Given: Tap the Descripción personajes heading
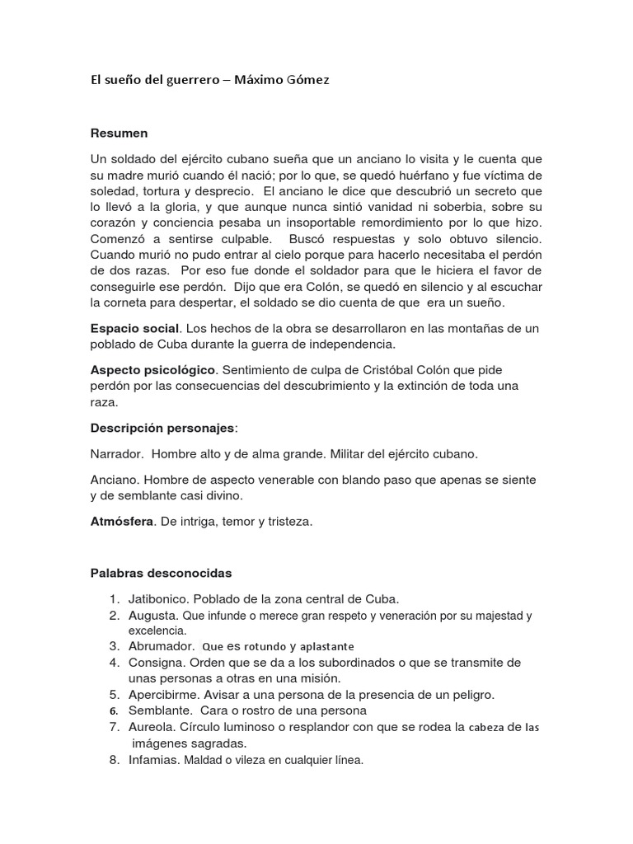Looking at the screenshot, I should pyautogui.click(x=162, y=428).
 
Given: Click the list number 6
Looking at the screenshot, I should pyautogui.click(x=115, y=710).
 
